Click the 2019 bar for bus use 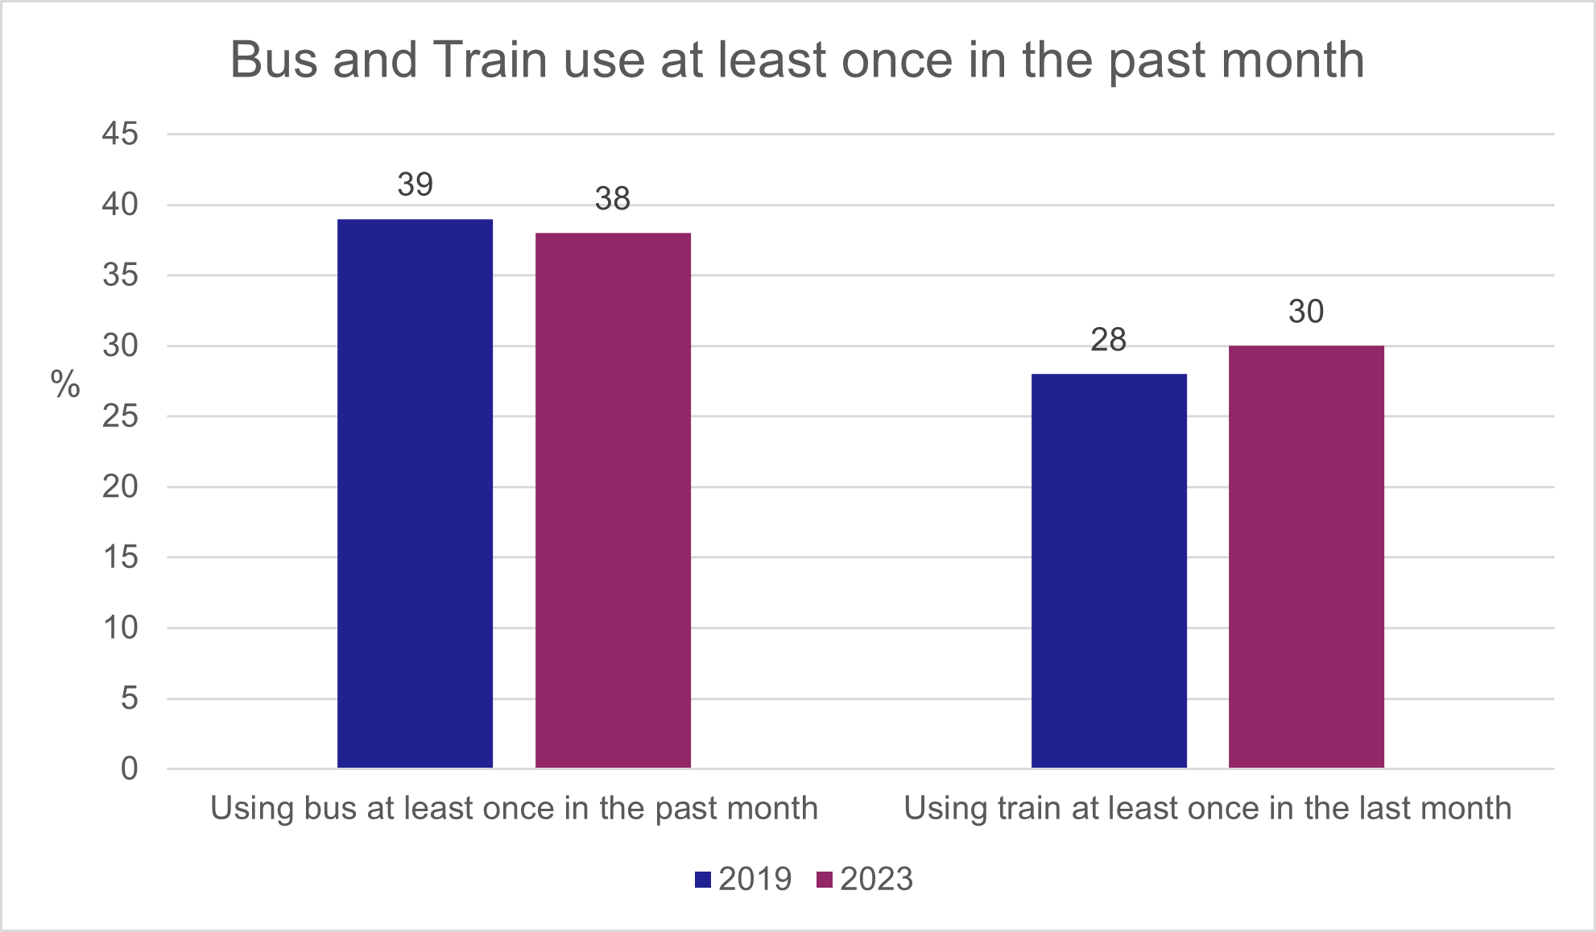click(415, 493)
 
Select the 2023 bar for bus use click(613, 499)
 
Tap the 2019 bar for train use click(1109, 570)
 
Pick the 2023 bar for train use click(1306, 556)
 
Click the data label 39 click(415, 184)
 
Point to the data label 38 click(613, 199)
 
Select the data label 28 click(1108, 340)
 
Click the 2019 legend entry click(743, 879)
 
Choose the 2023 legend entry click(865, 879)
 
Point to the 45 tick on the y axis click(120, 134)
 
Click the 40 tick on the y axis click(120, 205)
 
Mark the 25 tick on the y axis click(120, 416)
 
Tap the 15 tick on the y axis click(120, 557)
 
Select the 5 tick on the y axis click(129, 698)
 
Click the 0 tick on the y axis click(129, 768)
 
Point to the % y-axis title click(65, 384)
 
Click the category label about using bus click(514, 808)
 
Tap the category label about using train click(1207, 808)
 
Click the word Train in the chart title click(490, 60)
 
